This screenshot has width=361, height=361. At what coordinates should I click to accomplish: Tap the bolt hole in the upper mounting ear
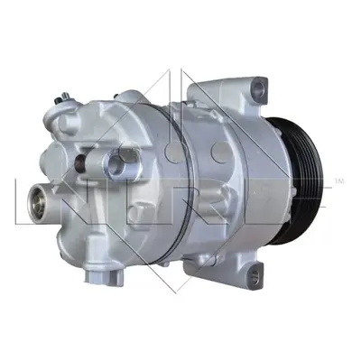click(x=258, y=88)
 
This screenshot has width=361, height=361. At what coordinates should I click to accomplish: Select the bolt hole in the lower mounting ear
click(x=255, y=274)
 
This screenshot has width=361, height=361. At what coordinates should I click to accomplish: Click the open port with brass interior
click(x=36, y=199)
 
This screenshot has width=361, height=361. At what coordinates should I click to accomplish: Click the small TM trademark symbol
click(x=339, y=181)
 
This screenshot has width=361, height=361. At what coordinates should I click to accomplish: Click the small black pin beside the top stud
click(x=56, y=100)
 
